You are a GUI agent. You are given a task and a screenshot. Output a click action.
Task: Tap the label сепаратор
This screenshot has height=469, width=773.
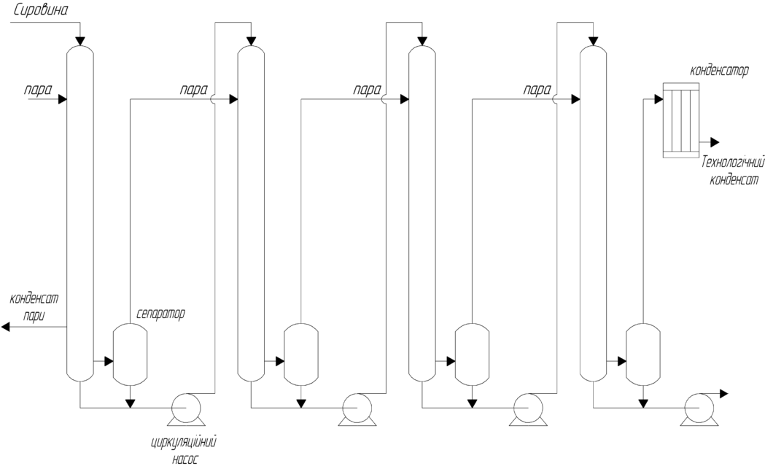[x=160, y=314]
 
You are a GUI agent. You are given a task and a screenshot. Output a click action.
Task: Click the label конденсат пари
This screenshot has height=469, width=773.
[x=34, y=306]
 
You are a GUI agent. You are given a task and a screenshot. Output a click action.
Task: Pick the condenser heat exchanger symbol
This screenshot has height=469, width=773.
[x=680, y=120]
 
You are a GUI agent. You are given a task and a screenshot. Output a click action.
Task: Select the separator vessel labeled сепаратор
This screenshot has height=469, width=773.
[x=131, y=355]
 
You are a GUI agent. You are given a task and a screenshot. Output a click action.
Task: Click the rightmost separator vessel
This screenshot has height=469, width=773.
[x=644, y=355]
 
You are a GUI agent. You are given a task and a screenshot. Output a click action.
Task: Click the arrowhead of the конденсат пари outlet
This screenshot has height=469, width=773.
[x=6, y=327]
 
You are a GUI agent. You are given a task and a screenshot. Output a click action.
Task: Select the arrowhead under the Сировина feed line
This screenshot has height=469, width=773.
[x=80, y=39]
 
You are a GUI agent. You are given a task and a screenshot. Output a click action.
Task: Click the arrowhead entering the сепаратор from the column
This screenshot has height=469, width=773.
[x=109, y=361]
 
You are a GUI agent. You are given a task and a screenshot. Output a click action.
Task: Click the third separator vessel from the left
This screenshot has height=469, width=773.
[x=472, y=355]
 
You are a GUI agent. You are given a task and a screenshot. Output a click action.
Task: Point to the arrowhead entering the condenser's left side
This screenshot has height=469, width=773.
[x=658, y=99]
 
